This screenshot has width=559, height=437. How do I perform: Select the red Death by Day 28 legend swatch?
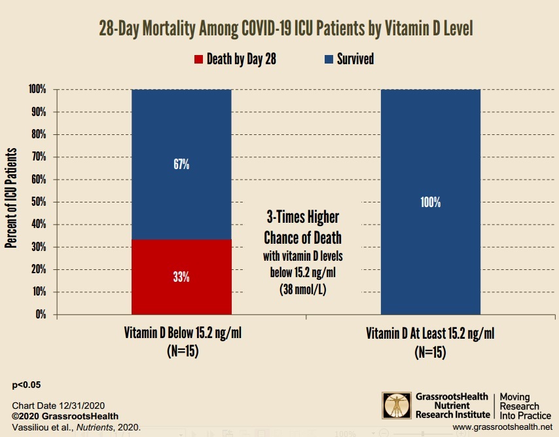point(199,60)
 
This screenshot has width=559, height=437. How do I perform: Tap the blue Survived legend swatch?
point(329,60)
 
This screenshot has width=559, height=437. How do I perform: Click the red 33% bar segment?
point(182,276)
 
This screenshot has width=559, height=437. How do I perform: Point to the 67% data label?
point(182,164)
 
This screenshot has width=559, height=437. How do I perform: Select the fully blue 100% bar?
point(430,202)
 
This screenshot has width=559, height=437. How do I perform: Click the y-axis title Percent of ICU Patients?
point(11,202)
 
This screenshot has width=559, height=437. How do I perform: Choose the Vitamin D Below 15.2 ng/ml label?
point(182,333)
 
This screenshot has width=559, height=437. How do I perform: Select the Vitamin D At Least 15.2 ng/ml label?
point(430,333)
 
